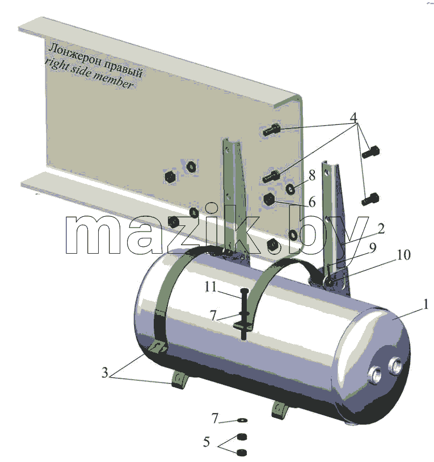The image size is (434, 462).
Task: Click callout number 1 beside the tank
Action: click(x=425, y=304)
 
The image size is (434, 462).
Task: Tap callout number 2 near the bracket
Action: click(x=381, y=229)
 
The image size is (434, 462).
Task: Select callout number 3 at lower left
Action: click(x=105, y=373)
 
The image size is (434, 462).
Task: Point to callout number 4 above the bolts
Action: click(x=353, y=117)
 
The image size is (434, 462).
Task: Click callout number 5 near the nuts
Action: click(x=207, y=442)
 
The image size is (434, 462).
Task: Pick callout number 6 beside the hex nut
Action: click(x=312, y=202)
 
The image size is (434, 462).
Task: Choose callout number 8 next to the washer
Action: click(x=312, y=175)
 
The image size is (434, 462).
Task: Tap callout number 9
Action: click(x=373, y=247)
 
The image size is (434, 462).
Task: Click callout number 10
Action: click(x=404, y=255)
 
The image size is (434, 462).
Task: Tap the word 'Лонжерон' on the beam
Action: click(x=75, y=55)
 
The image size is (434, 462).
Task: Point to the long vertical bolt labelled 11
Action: click(x=245, y=314)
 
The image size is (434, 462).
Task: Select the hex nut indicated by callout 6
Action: click(x=269, y=200)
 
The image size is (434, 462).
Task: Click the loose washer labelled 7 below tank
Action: click(x=242, y=420)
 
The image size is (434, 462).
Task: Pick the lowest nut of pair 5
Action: click(x=242, y=452)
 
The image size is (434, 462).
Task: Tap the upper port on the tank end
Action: click(x=395, y=366)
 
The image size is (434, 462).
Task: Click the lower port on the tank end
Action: click(x=375, y=375)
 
